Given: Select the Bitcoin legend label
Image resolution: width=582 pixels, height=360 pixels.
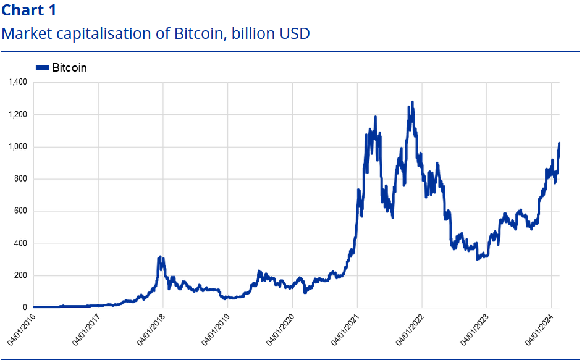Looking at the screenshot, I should click(69, 68).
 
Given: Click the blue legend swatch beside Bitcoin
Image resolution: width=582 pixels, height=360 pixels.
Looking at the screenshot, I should click(43, 68).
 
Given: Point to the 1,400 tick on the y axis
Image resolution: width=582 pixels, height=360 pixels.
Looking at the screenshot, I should click(17, 82).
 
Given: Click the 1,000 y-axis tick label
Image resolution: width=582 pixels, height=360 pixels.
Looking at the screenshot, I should click(17, 147).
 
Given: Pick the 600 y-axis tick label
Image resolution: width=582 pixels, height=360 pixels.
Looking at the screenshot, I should click(20, 211).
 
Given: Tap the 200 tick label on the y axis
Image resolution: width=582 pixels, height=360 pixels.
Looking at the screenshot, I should click(20, 275).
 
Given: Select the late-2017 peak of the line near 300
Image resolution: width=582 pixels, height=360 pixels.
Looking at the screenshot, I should click(160, 257).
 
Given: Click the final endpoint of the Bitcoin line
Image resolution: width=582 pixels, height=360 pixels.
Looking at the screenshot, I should click(559, 143).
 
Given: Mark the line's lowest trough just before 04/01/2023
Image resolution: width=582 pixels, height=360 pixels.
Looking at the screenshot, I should click(478, 259).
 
